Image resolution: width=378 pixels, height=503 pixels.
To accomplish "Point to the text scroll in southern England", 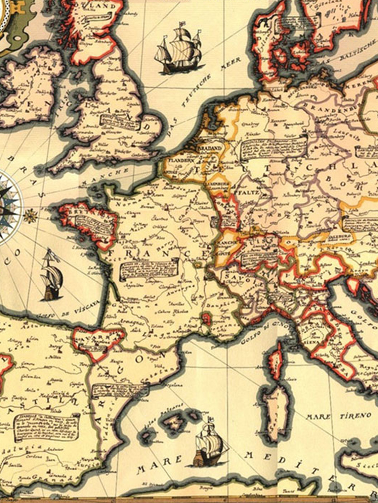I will pyautogui.click(x=120, y=122).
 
